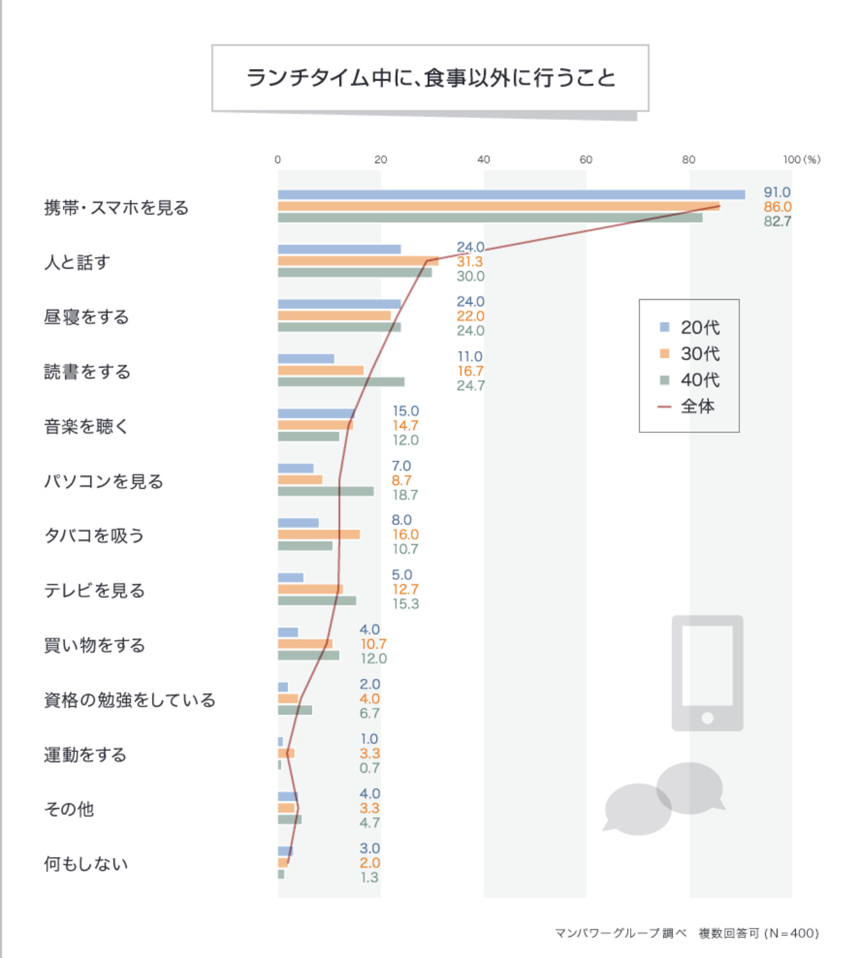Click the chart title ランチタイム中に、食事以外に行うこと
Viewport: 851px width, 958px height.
coord(431,78)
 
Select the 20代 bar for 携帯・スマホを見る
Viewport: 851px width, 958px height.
coord(511,194)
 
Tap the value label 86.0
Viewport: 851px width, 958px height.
coord(777,207)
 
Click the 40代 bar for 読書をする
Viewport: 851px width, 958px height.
coord(341,382)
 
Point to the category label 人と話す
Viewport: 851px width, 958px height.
coord(77,262)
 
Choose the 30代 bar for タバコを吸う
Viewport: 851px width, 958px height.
coord(319,535)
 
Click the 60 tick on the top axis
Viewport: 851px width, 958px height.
coord(586,160)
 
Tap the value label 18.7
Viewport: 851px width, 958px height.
coord(405,495)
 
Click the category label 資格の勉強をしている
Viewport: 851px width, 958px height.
coord(129,700)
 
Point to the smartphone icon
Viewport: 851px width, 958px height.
coord(707,673)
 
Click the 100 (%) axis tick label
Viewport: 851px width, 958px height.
coord(801,160)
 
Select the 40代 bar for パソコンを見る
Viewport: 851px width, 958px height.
coord(326,491)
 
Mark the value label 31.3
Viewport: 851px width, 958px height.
coord(469,262)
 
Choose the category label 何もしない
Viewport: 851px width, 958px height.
coord(86,864)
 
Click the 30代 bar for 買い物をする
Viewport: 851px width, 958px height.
coord(305,644)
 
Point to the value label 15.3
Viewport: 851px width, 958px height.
coord(405,604)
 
